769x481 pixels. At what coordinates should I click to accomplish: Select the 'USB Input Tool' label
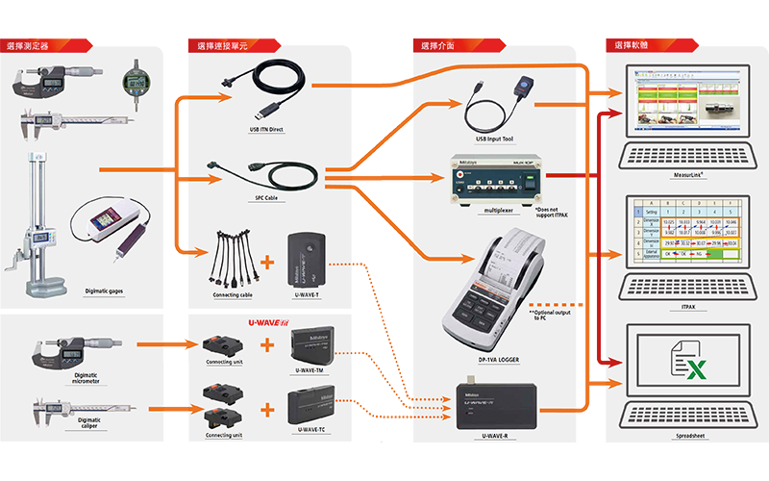point(494,139)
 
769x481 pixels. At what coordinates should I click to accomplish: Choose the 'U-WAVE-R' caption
point(496,435)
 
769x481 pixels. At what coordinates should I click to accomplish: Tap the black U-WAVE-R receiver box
point(496,405)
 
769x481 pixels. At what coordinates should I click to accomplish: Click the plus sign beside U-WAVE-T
point(267,262)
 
